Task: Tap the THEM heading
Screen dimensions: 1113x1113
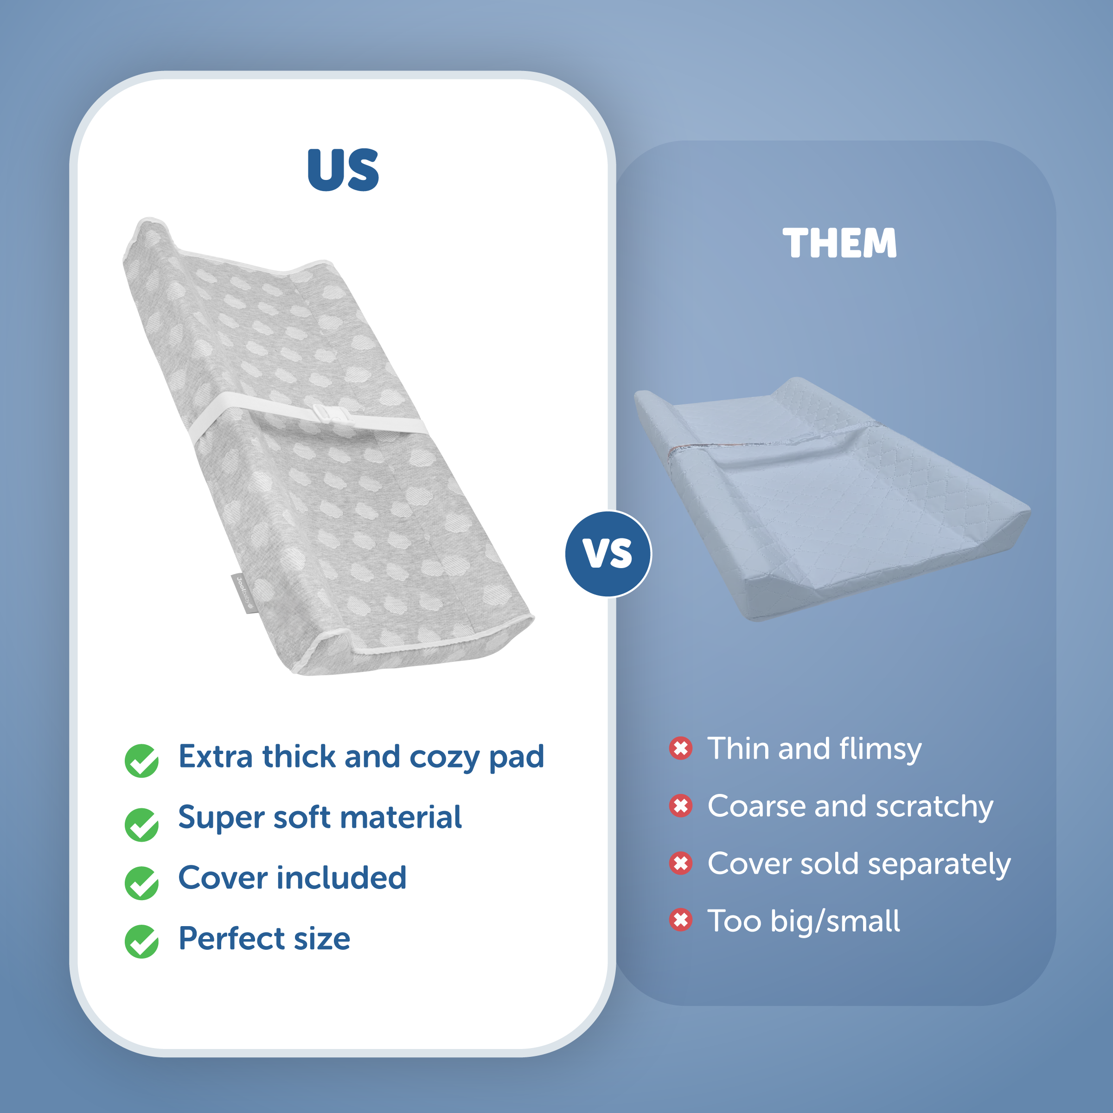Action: click(839, 243)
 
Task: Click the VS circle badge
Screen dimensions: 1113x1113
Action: click(608, 554)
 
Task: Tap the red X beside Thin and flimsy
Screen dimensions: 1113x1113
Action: click(680, 748)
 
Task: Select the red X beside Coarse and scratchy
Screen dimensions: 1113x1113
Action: click(680, 806)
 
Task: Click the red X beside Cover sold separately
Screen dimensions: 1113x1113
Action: click(680, 863)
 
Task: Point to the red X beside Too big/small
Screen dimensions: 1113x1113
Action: click(680, 920)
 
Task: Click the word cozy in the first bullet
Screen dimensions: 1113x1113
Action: click(444, 758)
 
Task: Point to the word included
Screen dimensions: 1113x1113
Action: click(342, 877)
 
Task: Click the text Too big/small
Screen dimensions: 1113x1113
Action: click(803, 921)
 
